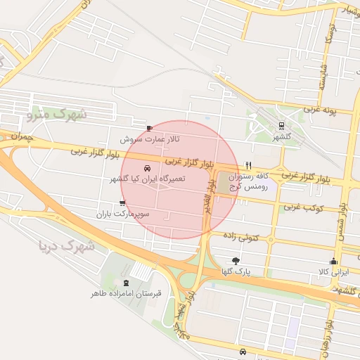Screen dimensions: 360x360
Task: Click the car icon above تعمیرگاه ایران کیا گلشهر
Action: tap(147, 169)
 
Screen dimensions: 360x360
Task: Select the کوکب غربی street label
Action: tap(302, 208)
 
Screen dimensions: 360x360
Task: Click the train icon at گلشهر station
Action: tap(281, 127)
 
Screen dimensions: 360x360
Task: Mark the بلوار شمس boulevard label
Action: tap(342, 221)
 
